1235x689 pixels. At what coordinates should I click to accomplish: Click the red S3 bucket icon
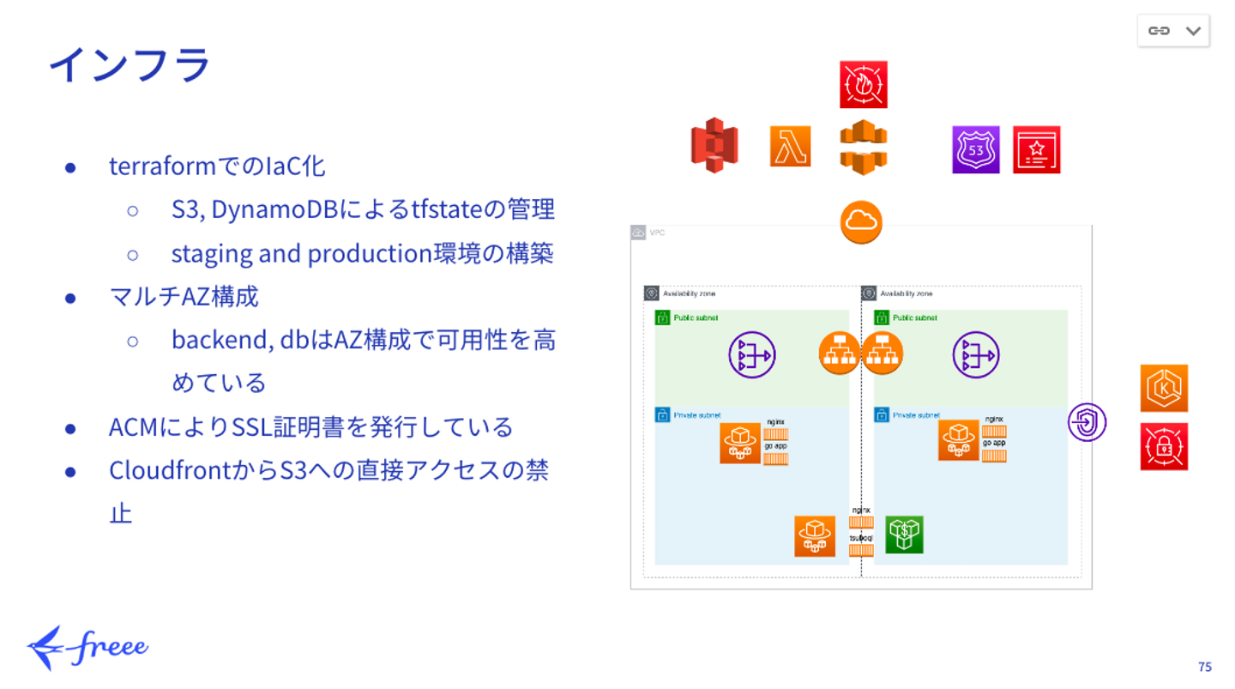pos(714,145)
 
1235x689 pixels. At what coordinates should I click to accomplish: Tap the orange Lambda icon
pos(790,146)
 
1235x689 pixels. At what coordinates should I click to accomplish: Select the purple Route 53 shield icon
pos(975,150)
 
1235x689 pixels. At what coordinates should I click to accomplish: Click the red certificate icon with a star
pos(1036,150)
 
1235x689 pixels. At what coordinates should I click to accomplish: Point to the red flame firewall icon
pos(863,84)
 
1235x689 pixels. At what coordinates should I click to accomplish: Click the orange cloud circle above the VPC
pos(861,222)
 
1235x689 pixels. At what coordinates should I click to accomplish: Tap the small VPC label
pos(657,233)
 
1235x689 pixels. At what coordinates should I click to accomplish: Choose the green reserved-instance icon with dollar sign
pos(904,535)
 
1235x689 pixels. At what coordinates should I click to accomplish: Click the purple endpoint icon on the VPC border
pos(1087,422)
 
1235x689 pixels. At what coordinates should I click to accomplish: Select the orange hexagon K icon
pos(1164,388)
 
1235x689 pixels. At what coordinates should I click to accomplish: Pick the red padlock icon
pos(1164,446)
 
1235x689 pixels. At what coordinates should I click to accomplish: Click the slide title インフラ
pos(129,65)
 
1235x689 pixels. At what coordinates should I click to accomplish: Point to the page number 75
pos(1204,667)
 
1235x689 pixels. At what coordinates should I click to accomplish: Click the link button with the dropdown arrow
pos(1172,31)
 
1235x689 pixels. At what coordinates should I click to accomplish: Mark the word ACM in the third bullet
pos(130,426)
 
